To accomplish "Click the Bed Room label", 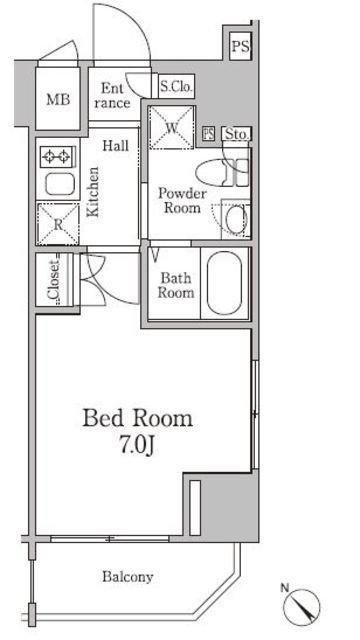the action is point(138,419).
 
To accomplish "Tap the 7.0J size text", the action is point(137,446).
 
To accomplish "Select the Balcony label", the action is point(128,577).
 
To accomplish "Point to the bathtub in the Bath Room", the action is point(224,284).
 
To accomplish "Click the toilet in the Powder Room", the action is point(222,173).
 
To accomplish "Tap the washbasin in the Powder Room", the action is point(236,219).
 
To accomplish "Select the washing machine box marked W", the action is point(171,127).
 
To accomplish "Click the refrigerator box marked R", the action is point(58,224).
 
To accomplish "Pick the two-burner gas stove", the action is point(58,156).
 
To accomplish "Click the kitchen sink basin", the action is point(60,184).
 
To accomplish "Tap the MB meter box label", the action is point(58,99).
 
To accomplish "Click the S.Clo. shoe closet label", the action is point(176,86).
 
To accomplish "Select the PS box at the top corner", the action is point(240,46).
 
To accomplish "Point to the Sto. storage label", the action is point(236,134).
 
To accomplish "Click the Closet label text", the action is point(52,279).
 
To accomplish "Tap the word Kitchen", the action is point(93,191).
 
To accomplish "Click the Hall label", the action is point(116,145).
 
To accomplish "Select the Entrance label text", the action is point(112,95).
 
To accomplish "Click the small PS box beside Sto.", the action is point(209,134).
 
